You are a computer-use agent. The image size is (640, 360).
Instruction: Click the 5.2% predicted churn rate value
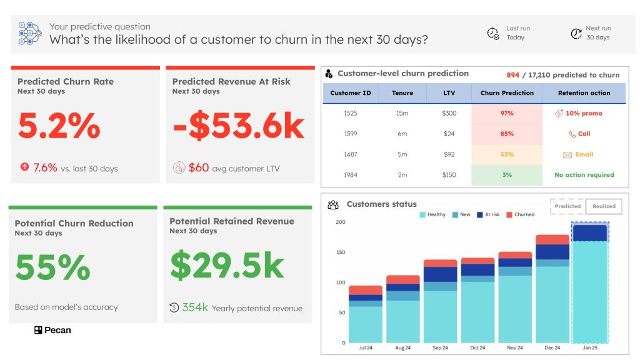(59, 126)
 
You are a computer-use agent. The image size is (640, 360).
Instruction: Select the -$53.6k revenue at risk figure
(238, 126)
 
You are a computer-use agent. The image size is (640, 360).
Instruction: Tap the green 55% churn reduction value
(52, 267)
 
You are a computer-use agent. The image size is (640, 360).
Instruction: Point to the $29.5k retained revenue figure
(227, 266)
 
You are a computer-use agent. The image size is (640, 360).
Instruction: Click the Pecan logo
(52, 330)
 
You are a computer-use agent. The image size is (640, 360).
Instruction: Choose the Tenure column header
(402, 93)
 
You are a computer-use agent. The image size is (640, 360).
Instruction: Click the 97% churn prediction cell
(507, 113)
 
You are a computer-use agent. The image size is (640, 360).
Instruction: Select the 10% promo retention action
(579, 113)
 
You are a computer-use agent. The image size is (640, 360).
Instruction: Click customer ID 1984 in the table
(351, 175)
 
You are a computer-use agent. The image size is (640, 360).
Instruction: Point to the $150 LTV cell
(449, 175)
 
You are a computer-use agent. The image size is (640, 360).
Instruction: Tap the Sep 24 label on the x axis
(440, 348)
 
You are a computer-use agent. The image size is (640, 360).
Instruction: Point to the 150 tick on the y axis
(340, 252)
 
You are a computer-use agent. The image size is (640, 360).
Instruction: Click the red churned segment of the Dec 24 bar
(552, 239)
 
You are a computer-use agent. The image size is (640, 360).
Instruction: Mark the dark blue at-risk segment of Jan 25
(590, 233)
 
